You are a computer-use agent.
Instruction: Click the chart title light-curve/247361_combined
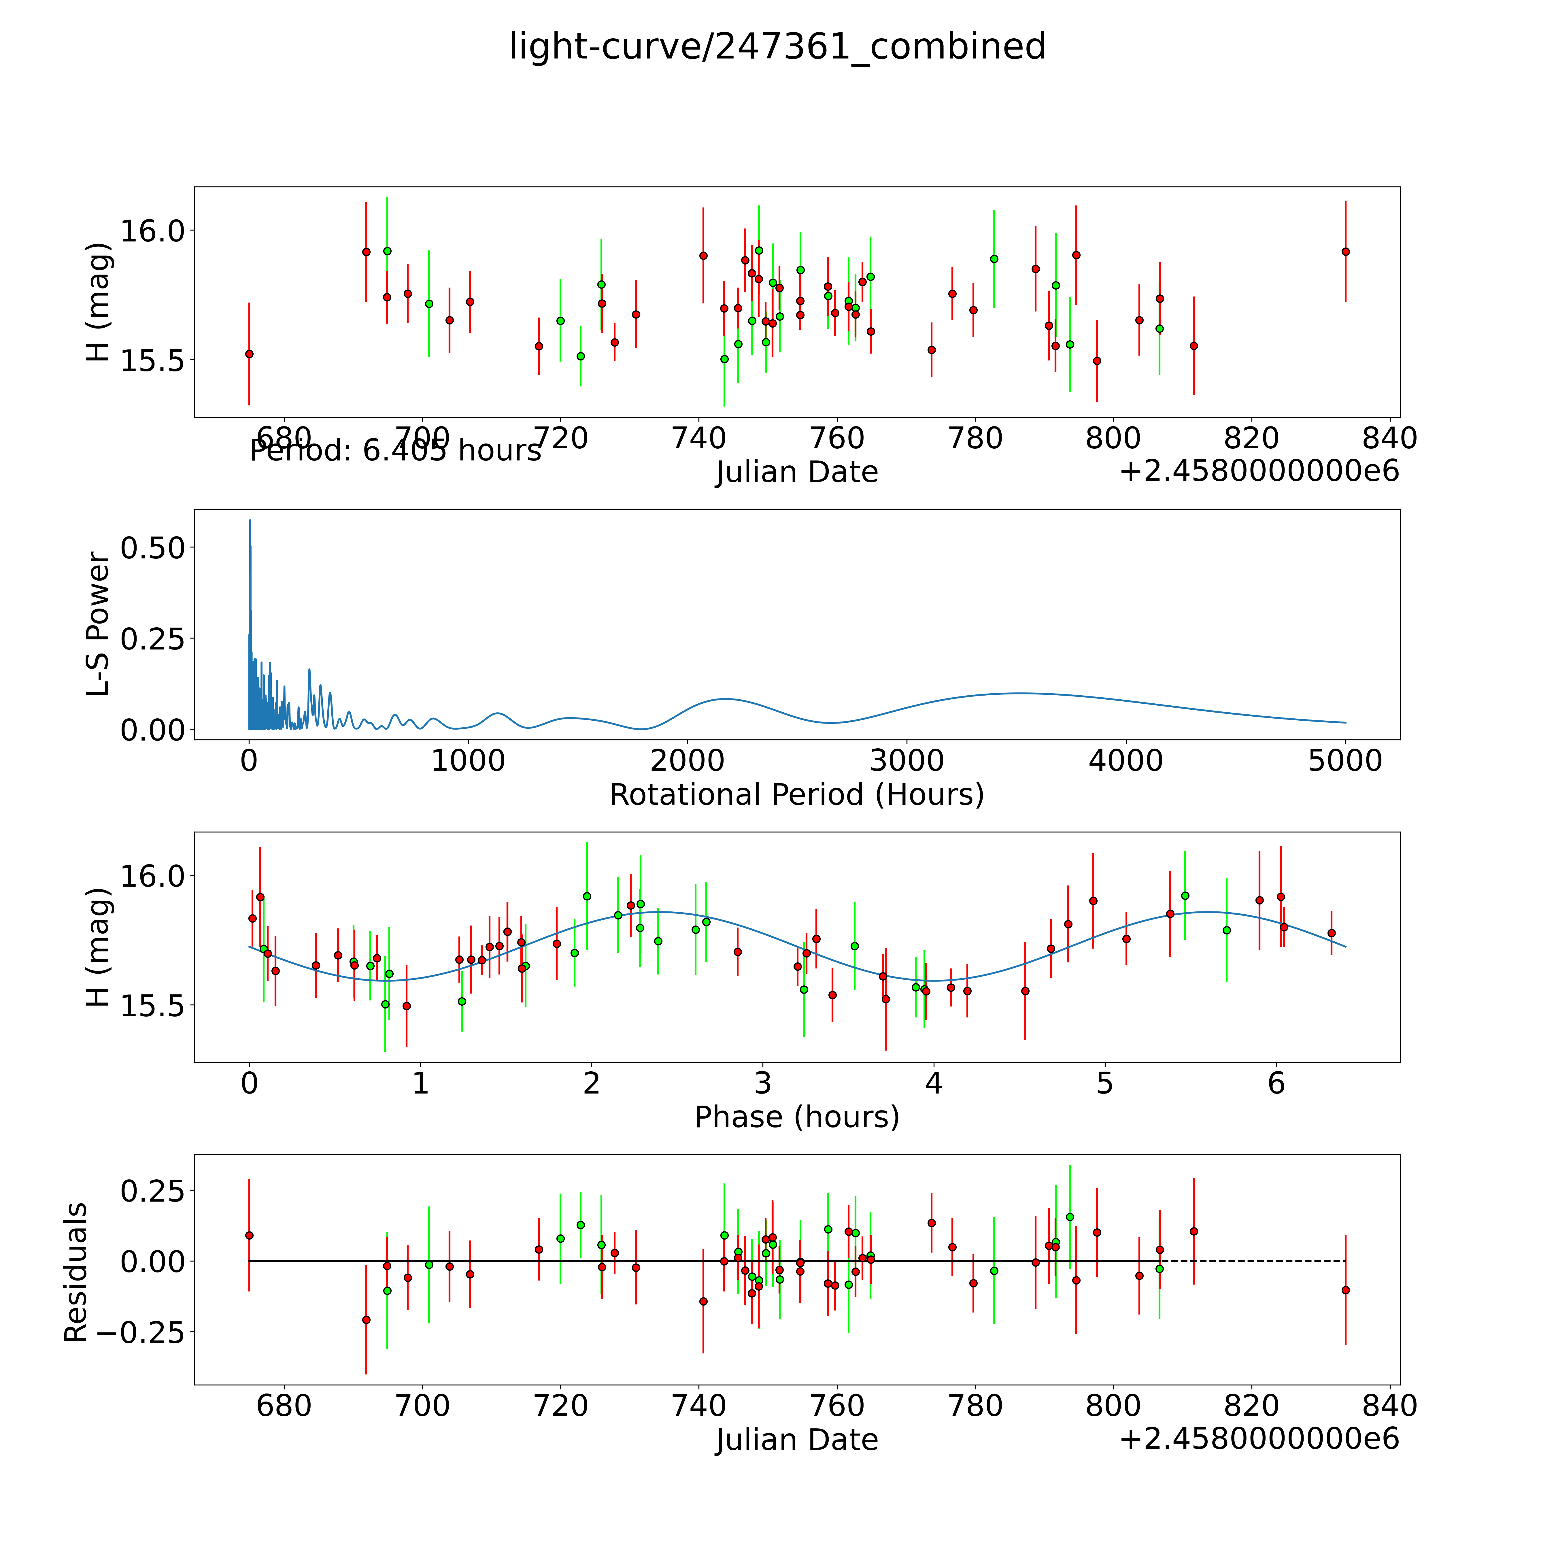click(x=777, y=47)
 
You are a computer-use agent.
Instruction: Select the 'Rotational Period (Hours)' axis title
click(x=796, y=795)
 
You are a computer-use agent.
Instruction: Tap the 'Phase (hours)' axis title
click(x=796, y=1117)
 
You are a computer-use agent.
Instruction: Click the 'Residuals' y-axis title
click(x=75, y=1272)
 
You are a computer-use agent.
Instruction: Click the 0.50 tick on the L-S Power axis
click(x=153, y=548)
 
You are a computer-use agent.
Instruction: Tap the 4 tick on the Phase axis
click(x=933, y=1083)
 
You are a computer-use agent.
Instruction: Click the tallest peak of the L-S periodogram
click(x=250, y=521)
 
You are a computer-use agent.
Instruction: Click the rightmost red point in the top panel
click(x=1345, y=251)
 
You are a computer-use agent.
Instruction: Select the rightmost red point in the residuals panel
click(x=1345, y=1290)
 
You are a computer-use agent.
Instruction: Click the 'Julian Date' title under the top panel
click(x=796, y=472)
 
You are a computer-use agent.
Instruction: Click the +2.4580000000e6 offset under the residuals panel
click(x=1259, y=1439)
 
